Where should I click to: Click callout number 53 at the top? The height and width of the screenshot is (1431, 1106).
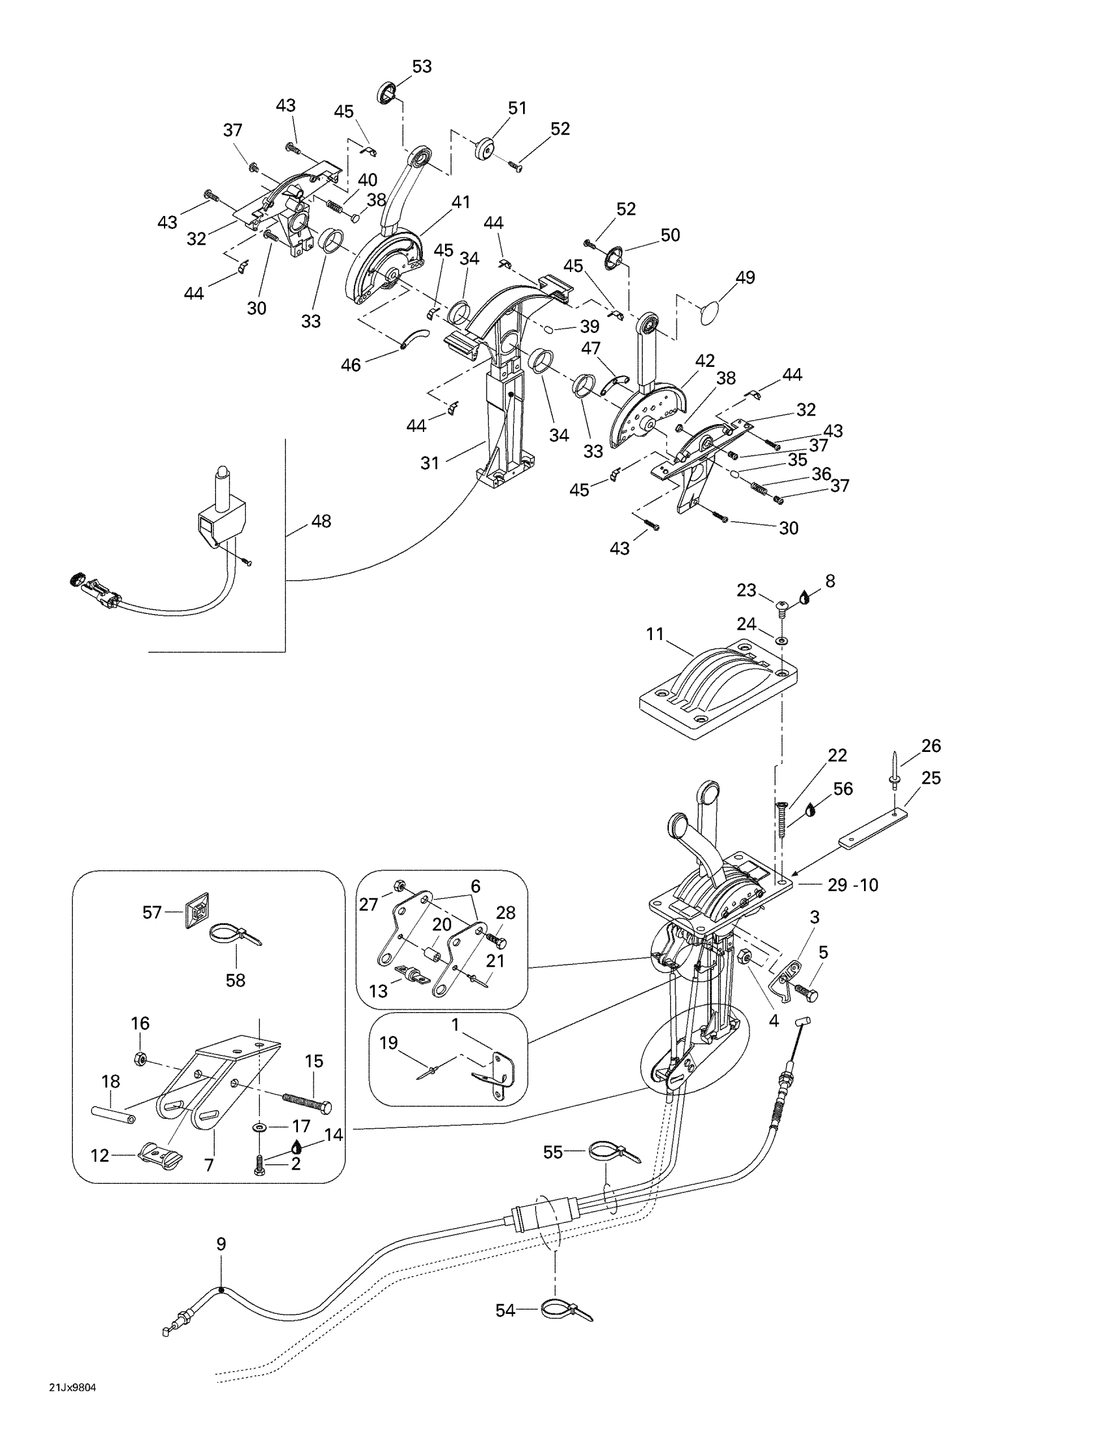[422, 67]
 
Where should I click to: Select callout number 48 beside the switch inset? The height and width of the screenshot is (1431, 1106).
[321, 522]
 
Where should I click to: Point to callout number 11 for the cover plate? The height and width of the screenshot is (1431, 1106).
[655, 634]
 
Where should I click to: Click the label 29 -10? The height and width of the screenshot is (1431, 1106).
[852, 885]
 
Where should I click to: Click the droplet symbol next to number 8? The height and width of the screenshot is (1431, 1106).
[805, 596]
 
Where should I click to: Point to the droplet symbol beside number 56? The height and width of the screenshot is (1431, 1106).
[812, 809]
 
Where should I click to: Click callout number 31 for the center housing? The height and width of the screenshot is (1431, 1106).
[430, 463]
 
